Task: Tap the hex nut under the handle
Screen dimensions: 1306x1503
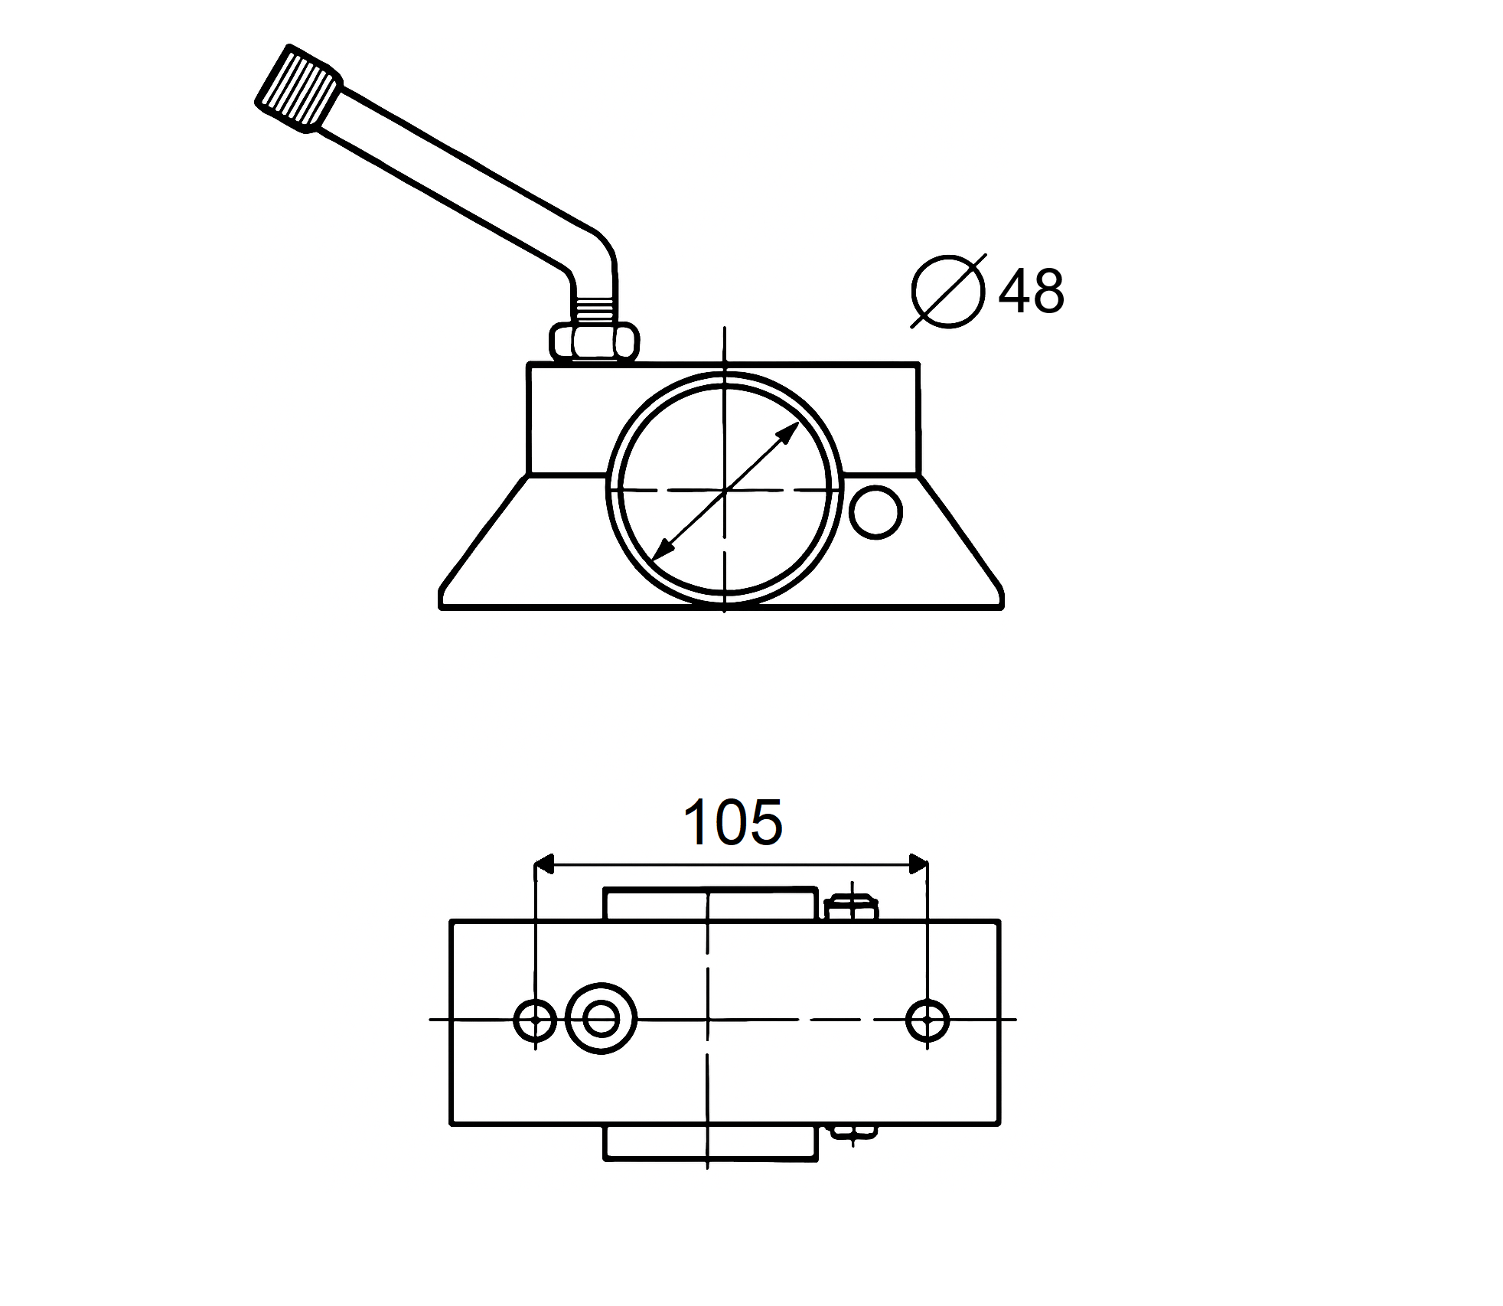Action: (x=594, y=341)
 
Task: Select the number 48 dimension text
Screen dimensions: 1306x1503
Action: (x=1031, y=292)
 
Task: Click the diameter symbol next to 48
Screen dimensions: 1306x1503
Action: (x=948, y=292)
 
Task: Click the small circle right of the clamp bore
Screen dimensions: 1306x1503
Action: (x=876, y=512)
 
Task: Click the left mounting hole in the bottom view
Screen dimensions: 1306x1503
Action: (x=535, y=1020)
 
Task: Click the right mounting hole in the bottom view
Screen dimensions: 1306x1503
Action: (x=928, y=1020)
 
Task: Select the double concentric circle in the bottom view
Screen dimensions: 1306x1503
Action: (x=601, y=1019)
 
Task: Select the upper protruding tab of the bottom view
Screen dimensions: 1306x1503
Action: (x=710, y=904)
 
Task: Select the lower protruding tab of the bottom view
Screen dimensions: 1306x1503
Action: (x=710, y=1143)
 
